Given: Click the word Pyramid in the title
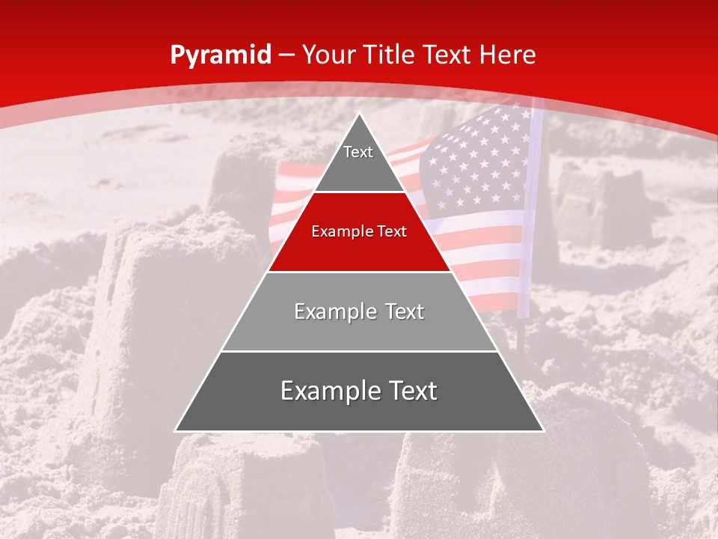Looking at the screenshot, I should coord(220,55).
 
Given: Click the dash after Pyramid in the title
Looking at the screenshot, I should coord(286,55).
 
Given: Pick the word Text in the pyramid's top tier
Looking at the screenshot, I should coord(358,152).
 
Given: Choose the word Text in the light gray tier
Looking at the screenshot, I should coord(405,311).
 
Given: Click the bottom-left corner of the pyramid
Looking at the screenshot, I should coord(176,431).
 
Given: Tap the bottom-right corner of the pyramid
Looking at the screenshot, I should coord(543,431).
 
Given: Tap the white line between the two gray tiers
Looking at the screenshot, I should coord(360,351).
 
